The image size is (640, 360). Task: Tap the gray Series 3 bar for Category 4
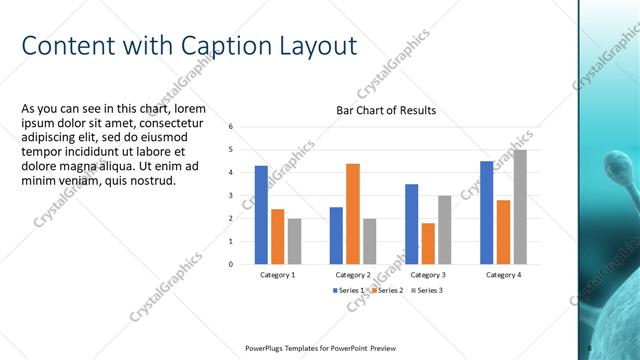point(519,207)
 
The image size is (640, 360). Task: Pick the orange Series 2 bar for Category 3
point(428,243)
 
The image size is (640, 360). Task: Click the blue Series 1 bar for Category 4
point(486,212)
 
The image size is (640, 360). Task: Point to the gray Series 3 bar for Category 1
point(294,241)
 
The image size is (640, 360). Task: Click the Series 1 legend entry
point(349,290)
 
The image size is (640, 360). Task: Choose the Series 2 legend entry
point(387,290)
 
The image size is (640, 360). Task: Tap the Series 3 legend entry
point(426,290)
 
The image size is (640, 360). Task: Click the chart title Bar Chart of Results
point(385,110)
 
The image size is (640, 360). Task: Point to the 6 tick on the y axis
point(231,127)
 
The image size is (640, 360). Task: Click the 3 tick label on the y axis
point(231,196)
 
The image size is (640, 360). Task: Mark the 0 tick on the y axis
point(231,265)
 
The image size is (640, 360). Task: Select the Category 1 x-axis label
point(277,274)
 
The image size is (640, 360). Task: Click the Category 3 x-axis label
point(428,274)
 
